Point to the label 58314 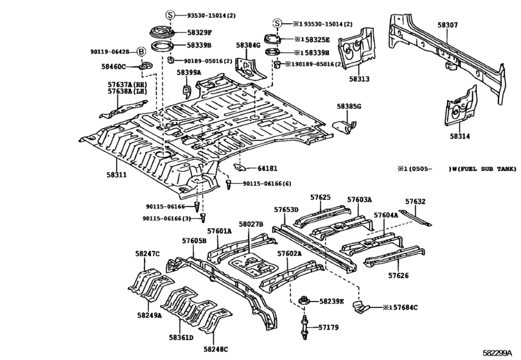coord(459,136)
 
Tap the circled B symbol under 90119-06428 coord(141,51)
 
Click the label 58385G coord(349,106)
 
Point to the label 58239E coord(332,301)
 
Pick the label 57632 coord(415,201)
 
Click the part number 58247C coord(148,254)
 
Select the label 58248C coord(216,349)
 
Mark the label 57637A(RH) coord(126,84)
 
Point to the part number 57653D coord(286,210)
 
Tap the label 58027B coord(251,224)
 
